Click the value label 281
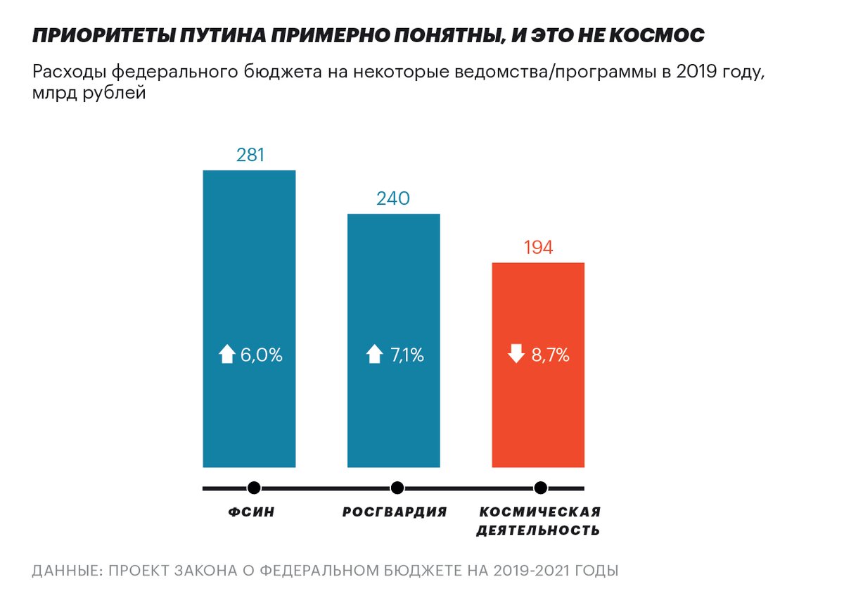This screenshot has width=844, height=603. pos(250,155)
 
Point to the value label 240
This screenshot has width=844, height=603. pos(394,198)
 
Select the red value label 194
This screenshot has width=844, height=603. pos(538,247)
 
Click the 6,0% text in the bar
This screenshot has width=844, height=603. pos(261,355)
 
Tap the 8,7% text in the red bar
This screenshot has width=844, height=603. pos(550,355)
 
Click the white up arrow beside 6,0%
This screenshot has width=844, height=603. pos(226,355)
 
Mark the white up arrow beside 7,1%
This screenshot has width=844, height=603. pos(374,355)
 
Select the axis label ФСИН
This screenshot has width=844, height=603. pos(251,512)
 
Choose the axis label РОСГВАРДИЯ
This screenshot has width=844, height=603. pos(395,512)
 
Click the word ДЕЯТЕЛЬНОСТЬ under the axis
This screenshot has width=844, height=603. pos(538,531)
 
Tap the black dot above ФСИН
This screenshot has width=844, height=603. pos(254,488)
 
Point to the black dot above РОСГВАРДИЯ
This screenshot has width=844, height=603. pos(397,488)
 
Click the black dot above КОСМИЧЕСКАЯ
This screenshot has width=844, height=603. pos(540,488)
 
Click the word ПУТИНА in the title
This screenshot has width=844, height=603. pos(222,36)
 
